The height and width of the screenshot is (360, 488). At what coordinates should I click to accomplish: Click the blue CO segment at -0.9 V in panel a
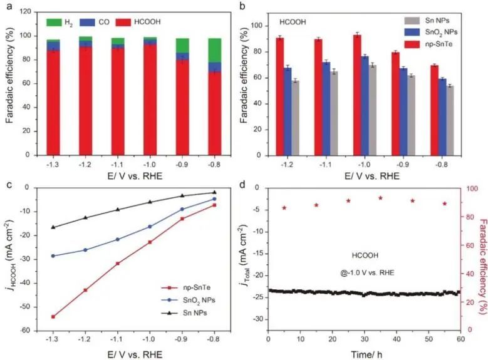(x=182, y=56)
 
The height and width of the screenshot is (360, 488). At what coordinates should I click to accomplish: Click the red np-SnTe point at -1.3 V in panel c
(x=53, y=316)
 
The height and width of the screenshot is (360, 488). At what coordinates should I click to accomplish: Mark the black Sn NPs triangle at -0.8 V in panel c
(x=214, y=192)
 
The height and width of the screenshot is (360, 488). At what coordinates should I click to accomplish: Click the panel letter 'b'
(x=251, y=8)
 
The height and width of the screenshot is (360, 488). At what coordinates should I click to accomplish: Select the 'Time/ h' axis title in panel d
(x=365, y=354)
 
